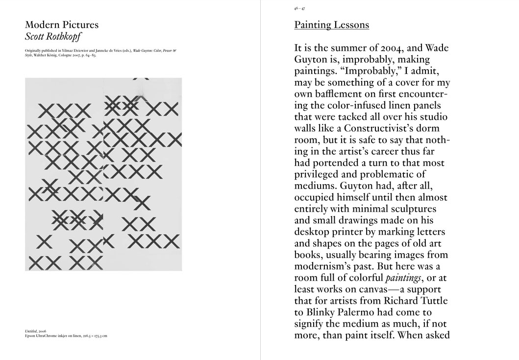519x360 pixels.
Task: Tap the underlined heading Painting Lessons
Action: (x=332, y=24)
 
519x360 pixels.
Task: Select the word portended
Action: (x=338, y=163)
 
